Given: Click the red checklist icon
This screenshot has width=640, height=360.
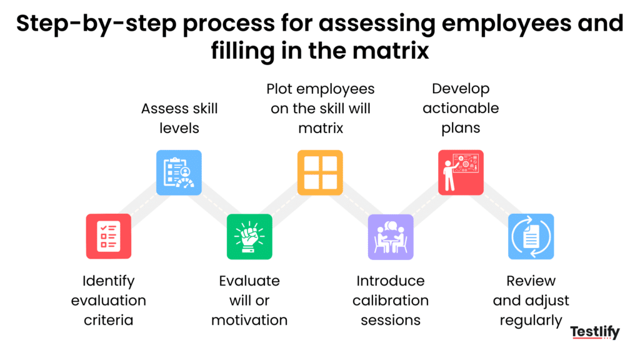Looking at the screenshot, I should click(108, 236).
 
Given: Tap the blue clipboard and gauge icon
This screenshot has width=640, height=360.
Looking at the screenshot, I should click(179, 172).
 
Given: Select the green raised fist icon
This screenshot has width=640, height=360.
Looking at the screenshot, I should click(249, 236).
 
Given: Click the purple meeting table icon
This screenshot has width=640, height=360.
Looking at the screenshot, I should click(391, 236).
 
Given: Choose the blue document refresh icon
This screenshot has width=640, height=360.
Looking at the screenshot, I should click(531, 236).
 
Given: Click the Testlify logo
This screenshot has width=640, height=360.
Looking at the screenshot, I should click(595, 332).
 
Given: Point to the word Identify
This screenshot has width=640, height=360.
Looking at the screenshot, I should click(108, 281).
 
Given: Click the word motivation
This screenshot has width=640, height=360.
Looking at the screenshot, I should click(249, 320).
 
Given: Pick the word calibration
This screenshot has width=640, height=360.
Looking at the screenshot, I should click(391, 301).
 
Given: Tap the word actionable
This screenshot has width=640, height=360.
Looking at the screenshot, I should click(461, 108).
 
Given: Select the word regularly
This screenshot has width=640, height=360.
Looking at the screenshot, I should click(531, 320).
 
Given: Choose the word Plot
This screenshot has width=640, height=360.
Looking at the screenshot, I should click(280, 89).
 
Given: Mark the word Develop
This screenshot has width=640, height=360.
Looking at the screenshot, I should click(461, 89).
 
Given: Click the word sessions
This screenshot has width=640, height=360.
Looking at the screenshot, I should click(391, 320).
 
